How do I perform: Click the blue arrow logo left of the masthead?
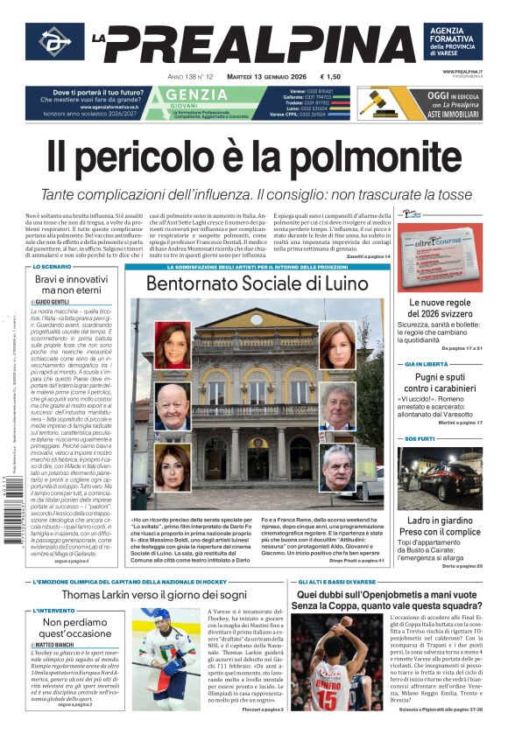click(54, 42)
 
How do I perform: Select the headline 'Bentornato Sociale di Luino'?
click(257, 283)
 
